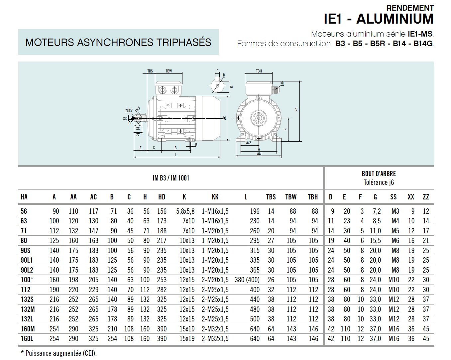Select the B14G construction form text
pyautogui.click(x=423, y=44)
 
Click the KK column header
pyautogui.click(x=215, y=197)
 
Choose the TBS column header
pyautogui.click(x=271, y=197)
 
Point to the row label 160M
pyautogui.click(x=28, y=329)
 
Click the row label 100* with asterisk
pyautogui.click(x=27, y=280)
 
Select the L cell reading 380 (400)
pyautogui.click(x=247, y=280)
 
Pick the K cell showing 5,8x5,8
pyautogui.click(x=185, y=211)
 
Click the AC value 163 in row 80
pyautogui.click(x=93, y=241)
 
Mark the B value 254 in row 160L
pyautogui.click(x=112, y=339)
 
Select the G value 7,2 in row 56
pyautogui.click(x=377, y=211)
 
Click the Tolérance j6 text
pyautogui.click(x=379, y=182)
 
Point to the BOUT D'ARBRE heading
pyautogui.click(x=379, y=174)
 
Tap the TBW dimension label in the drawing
pyautogui.click(x=169, y=71)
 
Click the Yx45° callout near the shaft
pyautogui.click(x=129, y=110)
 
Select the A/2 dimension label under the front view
pyautogui.click(x=248, y=143)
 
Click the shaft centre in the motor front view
pyautogui.click(x=258, y=118)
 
